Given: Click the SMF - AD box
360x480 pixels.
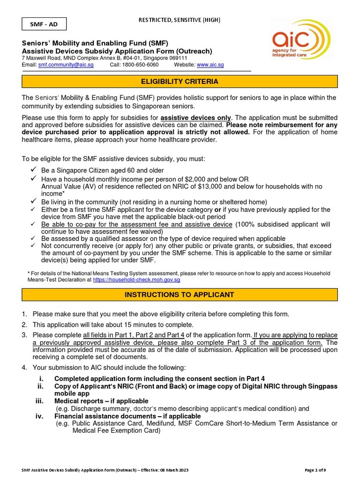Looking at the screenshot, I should [x=44, y=24].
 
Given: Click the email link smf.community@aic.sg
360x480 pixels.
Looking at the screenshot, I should [x=66, y=65].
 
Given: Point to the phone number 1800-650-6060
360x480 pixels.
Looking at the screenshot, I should [x=141, y=65].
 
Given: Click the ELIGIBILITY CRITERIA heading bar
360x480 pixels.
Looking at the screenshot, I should [x=180, y=82].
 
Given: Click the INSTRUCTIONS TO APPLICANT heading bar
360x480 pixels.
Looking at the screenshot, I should [x=180, y=295].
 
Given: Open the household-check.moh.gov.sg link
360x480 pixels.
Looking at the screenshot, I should [x=136, y=279].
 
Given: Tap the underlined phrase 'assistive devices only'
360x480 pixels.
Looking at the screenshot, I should [x=195, y=117].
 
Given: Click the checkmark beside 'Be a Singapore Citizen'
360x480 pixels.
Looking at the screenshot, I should [x=34, y=170].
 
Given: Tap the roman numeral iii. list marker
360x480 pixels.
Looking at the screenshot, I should [x=40, y=401].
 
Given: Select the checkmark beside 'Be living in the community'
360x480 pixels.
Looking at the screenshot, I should [x=34, y=201].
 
